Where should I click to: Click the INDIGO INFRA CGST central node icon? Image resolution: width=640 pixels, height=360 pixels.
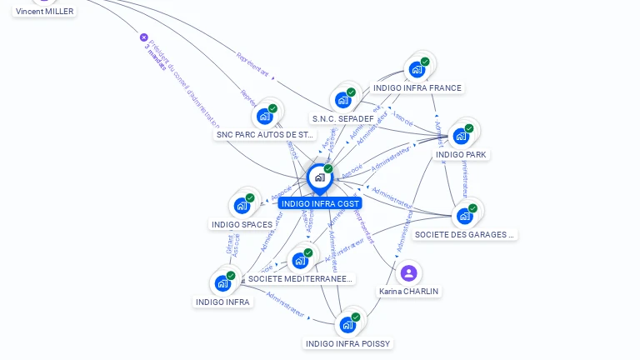pos(319,177)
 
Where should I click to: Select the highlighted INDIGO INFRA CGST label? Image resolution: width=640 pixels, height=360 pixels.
pos(321,203)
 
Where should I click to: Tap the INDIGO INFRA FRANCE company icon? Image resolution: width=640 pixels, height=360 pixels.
pos(417,69)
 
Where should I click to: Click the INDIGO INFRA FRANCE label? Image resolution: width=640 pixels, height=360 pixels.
pos(417,88)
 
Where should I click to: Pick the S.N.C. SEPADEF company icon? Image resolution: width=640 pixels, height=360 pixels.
pos(343,100)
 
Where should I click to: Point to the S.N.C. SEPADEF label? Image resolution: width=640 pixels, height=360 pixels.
pos(343,118)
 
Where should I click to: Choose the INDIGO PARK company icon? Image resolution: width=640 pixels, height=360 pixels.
pos(462,136)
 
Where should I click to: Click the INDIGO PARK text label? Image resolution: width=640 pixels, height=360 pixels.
pos(462,155)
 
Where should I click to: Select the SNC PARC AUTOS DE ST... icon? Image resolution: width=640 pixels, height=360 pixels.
pos(265,116)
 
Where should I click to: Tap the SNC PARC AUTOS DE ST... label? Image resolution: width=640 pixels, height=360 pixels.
pos(266,134)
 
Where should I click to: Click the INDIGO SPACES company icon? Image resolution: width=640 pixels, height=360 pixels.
pos(242,206)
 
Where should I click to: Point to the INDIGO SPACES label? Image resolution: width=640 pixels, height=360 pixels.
pos(242,224)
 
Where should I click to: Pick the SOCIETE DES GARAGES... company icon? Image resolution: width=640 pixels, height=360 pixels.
pos(465,216)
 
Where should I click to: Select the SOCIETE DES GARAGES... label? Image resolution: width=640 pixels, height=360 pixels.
pos(465,235)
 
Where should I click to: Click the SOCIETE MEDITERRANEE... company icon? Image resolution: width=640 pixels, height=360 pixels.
pos(301,260)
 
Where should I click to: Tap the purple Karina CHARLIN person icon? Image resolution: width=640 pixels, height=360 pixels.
pos(408,272)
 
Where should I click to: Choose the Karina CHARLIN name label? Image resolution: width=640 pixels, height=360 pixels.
pos(409,292)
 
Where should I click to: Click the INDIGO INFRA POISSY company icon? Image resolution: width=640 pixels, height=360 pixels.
pos(348,324)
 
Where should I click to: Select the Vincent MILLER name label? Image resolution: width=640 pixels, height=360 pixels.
pos(45,12)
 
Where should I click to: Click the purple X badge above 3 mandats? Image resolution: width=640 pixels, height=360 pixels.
pos(144,37)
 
